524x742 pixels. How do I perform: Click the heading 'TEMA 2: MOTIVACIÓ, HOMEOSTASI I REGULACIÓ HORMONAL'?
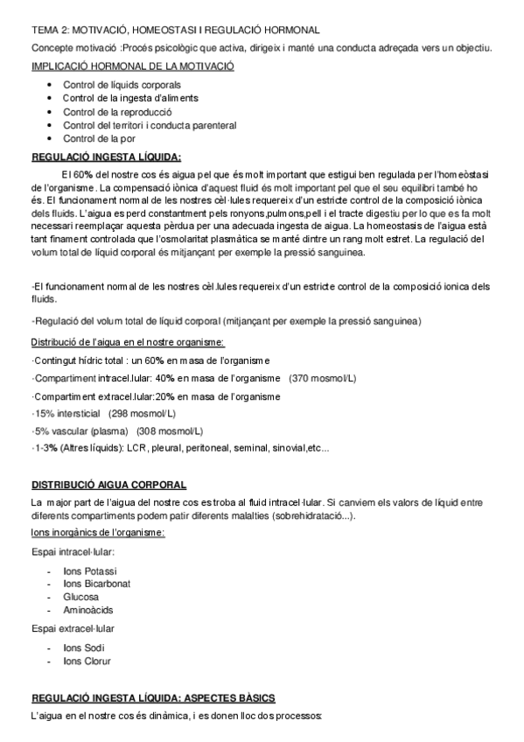(175, 31)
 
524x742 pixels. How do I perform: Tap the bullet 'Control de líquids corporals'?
(122, 85)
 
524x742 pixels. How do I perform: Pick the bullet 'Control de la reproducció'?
(117, 112)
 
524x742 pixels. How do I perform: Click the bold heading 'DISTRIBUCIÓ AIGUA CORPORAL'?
(109, 484)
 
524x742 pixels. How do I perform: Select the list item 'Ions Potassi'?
(90, 570)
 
